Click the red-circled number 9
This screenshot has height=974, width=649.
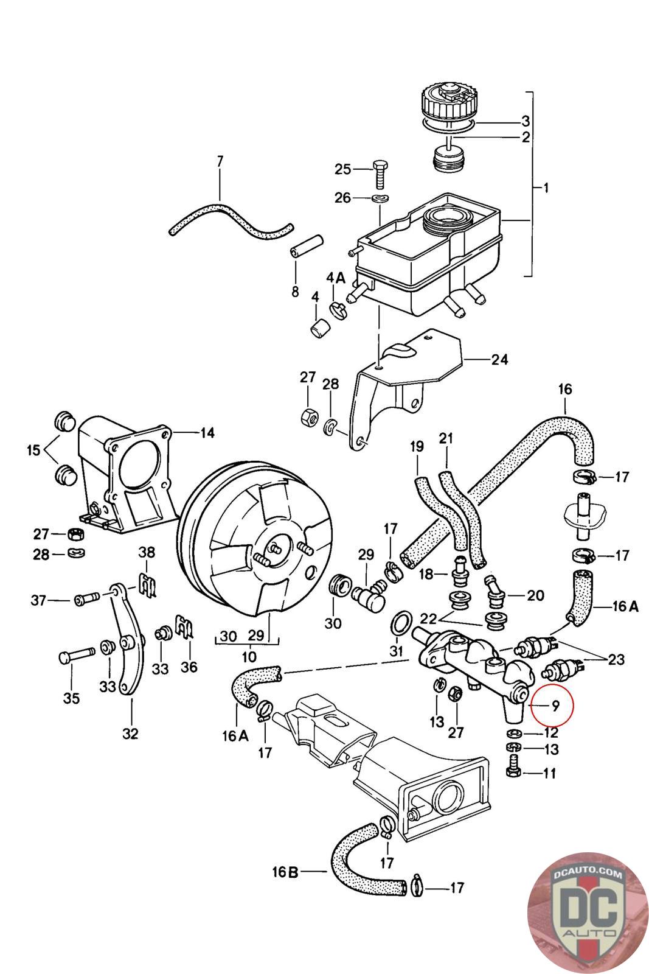[555, 706]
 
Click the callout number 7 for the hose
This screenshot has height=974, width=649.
[220, 161]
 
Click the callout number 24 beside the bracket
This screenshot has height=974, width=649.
[499, 359]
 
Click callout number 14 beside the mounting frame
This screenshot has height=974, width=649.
[207, 433]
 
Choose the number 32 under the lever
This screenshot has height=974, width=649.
[130, 733]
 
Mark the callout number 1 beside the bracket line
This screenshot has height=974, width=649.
[546, 188]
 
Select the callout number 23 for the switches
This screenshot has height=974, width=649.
[616, 659]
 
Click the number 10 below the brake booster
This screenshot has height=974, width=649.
[249, 657]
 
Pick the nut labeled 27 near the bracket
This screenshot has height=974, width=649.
[308, 417]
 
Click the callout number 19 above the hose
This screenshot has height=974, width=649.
[417, 446]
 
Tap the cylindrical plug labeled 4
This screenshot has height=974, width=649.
[320, 328]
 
